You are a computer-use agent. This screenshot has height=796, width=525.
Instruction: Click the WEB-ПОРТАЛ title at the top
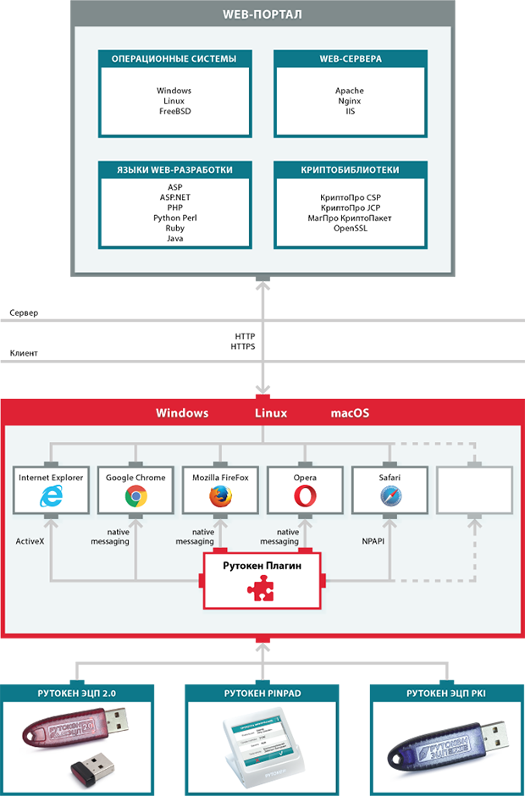pos(262,15)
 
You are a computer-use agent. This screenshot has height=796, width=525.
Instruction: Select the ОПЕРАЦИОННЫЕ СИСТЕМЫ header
pos(174,59)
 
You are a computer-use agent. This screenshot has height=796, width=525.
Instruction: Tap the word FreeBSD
pos(174,111)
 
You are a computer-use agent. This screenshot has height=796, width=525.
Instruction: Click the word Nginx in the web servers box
pos(350,101)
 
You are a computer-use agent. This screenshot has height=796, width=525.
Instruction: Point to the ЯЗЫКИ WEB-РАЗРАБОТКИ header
pos(174,170)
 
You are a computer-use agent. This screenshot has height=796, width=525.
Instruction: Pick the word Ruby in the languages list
pos(174,228)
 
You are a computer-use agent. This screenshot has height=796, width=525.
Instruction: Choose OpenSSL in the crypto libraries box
pos(350,228)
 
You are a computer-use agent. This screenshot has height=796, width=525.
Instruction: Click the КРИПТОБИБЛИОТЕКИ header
pos(350,170)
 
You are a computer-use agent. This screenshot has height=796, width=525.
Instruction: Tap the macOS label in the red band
pos(350,413)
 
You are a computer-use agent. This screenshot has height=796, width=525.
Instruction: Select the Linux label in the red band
pos(271,413)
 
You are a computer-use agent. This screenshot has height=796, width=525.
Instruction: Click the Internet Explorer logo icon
pos(51,497)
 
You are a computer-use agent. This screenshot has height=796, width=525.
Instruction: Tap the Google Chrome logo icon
pos(135,497)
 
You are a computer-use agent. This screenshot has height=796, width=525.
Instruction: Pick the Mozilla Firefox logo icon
pos(220,497)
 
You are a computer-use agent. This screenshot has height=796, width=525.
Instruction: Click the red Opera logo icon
pos(305,497)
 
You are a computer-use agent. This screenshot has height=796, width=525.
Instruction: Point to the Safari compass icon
pos(390,497)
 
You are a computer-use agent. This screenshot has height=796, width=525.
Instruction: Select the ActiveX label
pos(30,539)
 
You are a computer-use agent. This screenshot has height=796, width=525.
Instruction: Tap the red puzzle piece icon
pos(262,590)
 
